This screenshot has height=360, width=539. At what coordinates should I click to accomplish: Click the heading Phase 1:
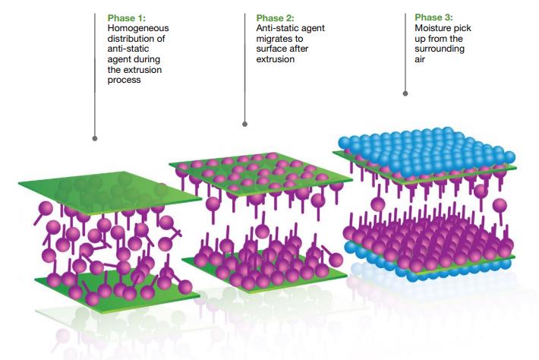coord(127,18)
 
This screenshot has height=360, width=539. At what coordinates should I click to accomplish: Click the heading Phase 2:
coord(275,18)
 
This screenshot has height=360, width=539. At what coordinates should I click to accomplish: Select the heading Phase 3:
coord(433,17)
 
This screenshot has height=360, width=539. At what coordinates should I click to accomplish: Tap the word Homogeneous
coord(138,28)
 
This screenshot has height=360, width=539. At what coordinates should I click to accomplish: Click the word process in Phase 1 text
coord(124,80)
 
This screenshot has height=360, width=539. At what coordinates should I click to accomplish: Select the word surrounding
coord(440,49)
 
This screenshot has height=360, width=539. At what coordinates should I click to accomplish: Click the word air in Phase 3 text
coord(420,59)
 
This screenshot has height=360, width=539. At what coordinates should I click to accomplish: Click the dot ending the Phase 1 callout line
coord(95,138)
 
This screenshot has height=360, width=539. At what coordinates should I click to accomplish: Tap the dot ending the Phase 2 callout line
coord(244,124)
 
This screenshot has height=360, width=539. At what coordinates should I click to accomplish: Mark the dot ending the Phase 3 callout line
coord(405,93)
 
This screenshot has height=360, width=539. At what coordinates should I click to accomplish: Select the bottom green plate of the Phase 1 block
coord(117,287)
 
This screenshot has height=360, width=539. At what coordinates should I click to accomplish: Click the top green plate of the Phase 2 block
coord(260,174)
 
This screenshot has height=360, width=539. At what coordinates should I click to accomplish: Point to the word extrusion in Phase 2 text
coord(276,59)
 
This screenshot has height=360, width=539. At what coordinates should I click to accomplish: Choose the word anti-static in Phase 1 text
coord(128,49)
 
